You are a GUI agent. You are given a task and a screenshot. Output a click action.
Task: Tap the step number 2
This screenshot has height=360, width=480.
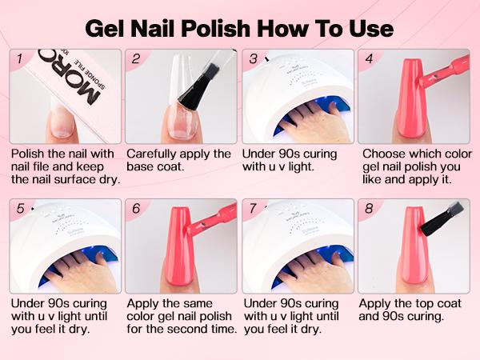click(136, 59)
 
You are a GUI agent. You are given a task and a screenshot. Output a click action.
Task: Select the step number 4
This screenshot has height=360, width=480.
click(369, 59)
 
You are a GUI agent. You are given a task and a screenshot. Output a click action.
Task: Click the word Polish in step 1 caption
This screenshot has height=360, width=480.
click(30, 154)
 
